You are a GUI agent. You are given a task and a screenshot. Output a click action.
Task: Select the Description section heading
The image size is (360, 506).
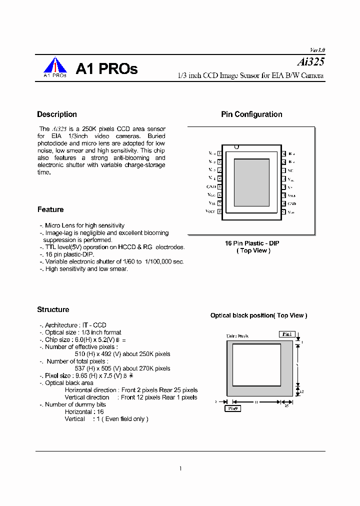coord(57,114)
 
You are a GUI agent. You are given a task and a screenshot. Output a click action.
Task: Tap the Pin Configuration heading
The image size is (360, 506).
coord(251,114)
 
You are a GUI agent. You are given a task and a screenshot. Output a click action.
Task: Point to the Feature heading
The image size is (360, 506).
coord(50,209)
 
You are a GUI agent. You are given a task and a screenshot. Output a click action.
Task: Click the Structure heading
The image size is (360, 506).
coord(53,309)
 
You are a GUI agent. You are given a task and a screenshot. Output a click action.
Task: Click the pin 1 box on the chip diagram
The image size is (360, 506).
coord(220,154)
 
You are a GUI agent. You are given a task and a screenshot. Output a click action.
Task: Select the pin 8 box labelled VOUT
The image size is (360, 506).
coord(220,212)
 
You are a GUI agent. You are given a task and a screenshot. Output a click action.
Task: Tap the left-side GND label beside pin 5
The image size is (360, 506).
coord(211,187)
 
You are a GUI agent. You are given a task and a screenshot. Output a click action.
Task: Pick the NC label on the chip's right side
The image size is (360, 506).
coord(290,170)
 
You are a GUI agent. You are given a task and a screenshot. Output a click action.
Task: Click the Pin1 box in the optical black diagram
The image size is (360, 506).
coord(286,334)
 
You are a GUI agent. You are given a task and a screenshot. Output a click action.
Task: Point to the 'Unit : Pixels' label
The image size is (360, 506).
coord(237,336)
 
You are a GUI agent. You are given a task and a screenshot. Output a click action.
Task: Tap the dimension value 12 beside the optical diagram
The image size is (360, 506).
coord(302,392)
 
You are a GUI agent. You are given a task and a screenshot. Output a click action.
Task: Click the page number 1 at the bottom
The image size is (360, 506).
coord(180,468)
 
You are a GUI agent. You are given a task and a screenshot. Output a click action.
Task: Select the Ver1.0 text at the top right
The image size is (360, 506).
coord(317,50)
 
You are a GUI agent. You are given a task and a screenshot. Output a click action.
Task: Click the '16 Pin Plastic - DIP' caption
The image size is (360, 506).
coord(252,243)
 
